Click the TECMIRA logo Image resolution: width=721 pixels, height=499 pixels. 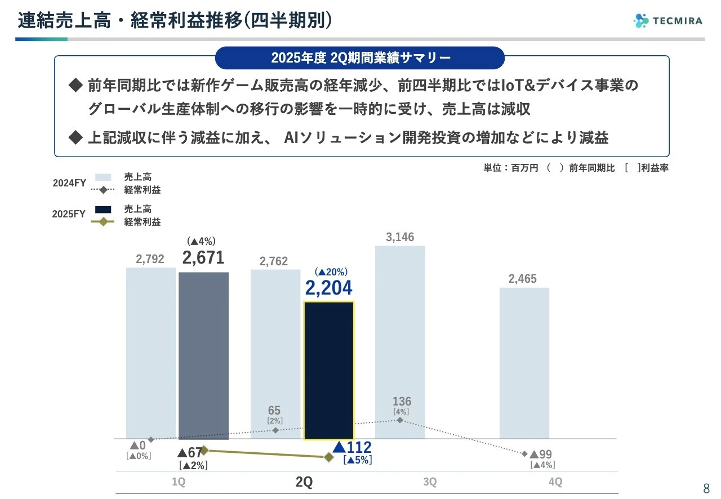coord(667,21)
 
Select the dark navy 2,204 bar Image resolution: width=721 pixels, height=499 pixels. coord(329,370)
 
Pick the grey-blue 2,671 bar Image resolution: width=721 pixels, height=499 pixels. coord(203,355)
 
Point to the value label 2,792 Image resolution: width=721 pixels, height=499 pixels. coord(150,259)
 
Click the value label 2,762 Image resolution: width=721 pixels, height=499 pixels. coord(274,261)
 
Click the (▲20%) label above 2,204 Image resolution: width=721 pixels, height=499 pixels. coord(331,271)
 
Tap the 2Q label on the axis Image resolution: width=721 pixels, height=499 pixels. coord(304,482)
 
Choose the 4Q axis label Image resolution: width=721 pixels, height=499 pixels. coord(555,482)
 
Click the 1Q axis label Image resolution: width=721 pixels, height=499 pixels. coord(178,482)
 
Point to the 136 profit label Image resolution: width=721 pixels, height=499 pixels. coord(402,402)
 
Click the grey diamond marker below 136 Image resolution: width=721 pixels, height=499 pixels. coord(399,420)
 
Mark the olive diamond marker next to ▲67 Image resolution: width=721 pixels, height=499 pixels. coord(204,450)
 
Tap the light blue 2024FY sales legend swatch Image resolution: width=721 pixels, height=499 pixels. coord(103,177)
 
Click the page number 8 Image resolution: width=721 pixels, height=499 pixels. coord(706,488)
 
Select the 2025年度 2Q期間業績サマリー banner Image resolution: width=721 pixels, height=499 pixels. coord(360,57)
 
